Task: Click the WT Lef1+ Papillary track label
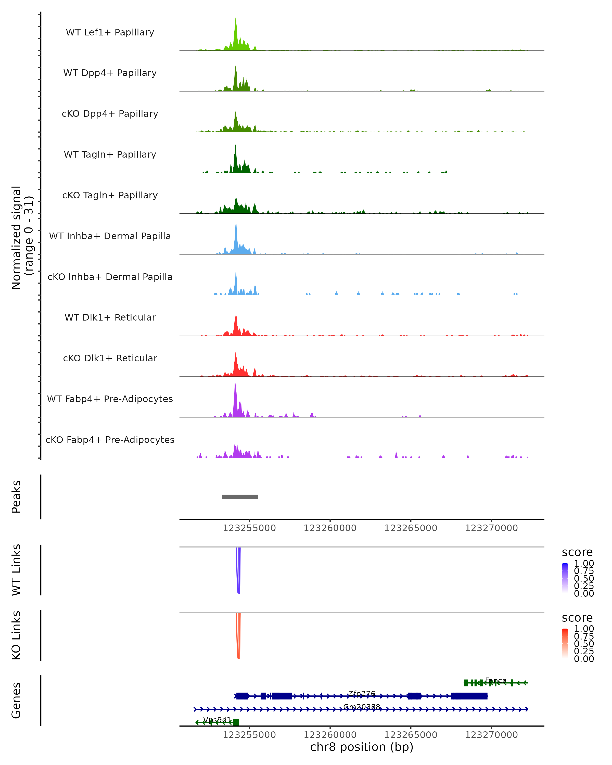[110, 32]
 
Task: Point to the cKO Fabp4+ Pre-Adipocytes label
[110, 440]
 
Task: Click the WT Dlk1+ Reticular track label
[110, 317]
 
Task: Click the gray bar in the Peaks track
[240, 497]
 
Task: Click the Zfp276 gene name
[362, 693]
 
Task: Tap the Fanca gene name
[496, 680]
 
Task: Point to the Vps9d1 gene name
[217, 720]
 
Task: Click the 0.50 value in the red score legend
[584, 644]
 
